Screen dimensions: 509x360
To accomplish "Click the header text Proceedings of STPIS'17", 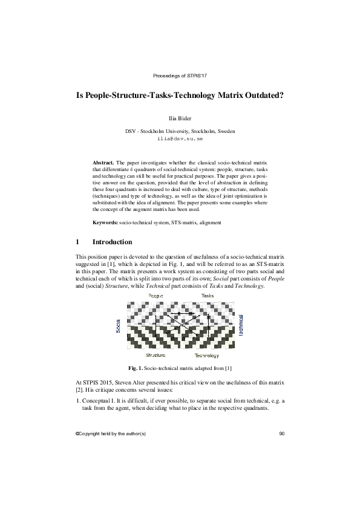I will [x=180, y=76].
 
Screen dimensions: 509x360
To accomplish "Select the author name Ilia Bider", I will [x=180, y=118].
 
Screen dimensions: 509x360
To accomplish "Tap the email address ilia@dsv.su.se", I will [x=180, y=138].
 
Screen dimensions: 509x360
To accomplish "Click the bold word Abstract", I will [x=103, y=163].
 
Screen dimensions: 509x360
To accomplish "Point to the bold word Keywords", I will [x=105, y=222].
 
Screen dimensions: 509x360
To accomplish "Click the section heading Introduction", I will [x=112, y=242].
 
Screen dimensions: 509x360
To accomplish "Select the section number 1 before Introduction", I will [x=77, y=242].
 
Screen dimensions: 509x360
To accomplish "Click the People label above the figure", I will [x=156, y=295].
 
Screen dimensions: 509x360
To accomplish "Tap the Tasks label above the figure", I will [x=208, y=295].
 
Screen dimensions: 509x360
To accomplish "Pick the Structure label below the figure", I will [x=156, y=355].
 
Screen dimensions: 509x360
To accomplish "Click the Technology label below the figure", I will [x=206, y=355].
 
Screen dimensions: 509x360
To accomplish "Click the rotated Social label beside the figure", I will [x=119, y=326].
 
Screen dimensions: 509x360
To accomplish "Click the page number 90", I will [x=282, y=434].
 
